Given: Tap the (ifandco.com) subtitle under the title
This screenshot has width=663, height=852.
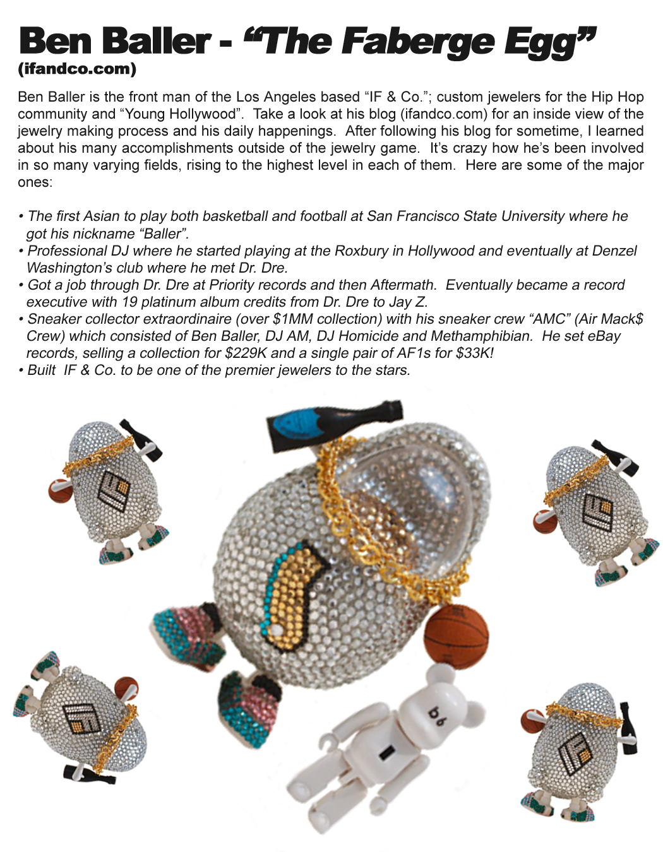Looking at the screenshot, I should coord(77,69).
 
